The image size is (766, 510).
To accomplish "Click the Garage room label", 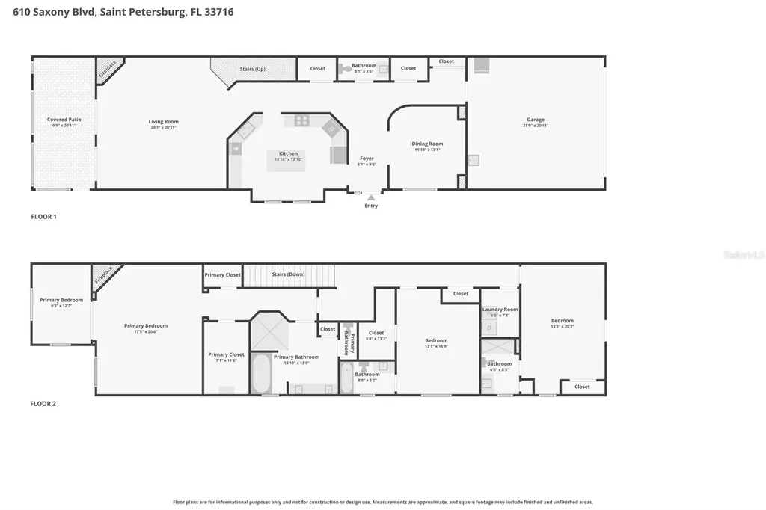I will coord(535,120).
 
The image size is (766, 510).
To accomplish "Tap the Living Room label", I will coord(163,122).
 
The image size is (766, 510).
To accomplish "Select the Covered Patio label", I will coord(64,120).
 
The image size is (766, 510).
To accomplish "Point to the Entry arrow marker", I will coord(371,197).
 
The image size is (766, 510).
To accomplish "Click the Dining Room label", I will coord(427,144).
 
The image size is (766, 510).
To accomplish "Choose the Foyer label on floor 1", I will coord(367,159).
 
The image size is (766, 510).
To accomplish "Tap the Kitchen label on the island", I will coord(288,154).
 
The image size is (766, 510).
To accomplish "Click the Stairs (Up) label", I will coord(252,69).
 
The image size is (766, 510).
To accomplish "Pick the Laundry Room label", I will coord(500,310).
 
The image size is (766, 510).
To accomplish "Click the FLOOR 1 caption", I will coord(43,217).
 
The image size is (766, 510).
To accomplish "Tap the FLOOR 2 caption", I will coord(43,404).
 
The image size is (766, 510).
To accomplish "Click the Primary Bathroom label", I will coord(296,357).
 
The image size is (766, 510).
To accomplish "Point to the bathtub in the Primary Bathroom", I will coord(261,373).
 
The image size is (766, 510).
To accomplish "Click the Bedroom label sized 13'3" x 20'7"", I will coord(563,321).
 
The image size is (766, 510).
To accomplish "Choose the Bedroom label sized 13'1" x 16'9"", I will coord(436,341).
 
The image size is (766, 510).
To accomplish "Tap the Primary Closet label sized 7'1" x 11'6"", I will coord(226,355).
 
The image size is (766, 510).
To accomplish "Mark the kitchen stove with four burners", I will coord(301,120).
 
